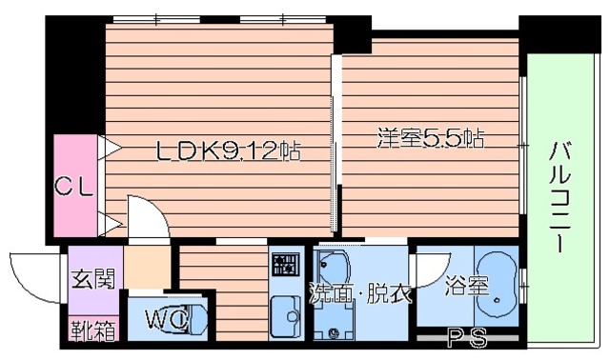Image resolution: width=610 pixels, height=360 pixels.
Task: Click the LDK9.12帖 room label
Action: [229, 150]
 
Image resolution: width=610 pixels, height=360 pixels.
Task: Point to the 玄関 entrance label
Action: [92, 281]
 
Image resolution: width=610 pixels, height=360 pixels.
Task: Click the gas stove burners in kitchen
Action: [285, 262]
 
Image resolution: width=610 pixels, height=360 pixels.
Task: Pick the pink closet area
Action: [74, 186]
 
